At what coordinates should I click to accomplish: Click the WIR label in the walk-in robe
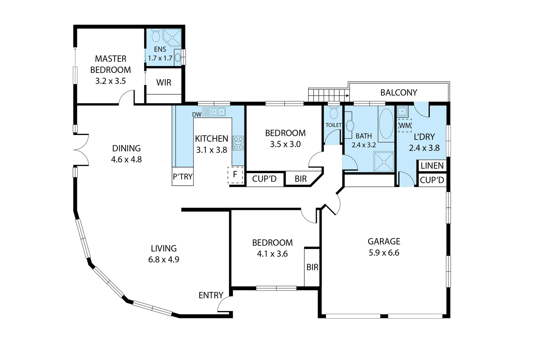[x=164, y=82]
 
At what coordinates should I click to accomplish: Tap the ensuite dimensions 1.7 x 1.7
[x=160, y=58]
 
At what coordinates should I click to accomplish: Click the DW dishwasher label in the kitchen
[x=197, y=115]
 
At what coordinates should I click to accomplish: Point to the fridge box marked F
[x=235, y=174]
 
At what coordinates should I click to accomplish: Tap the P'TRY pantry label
[x=183, y=177]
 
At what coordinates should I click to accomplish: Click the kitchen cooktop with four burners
[x=238, y=143]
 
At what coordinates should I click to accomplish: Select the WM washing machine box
[x=405, y=126]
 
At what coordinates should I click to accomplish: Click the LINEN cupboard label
[x=432, y=166]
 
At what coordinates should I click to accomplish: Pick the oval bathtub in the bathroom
[x=386, y=123]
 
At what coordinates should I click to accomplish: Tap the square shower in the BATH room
[x=384, y=162]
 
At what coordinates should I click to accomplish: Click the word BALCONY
[x=399, y=93]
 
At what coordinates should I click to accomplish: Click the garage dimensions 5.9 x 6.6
[x=384, y=253]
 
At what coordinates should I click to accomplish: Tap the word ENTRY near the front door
[x=211, y=295]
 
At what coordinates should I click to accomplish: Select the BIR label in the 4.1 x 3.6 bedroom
[x=312, y=267]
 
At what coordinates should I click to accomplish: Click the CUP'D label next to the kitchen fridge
[x=264, y=179]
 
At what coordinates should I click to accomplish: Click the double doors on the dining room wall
[x=81, y=150]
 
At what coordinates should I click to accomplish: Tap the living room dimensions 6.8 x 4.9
[x=164, y=259]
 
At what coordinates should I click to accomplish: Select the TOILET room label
[x=333, y=125]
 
